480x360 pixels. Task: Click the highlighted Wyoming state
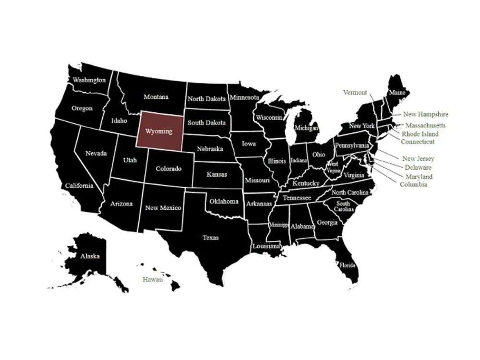(x=159, y=131)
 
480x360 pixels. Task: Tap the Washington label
(x=89, y=80)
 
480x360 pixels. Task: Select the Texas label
(x=210, y=238)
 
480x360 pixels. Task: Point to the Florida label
(x=347, y=265)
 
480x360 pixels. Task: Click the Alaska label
(x=90, y=256)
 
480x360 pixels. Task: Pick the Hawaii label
(x=153, y=279)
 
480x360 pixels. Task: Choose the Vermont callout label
(x=355, y=93)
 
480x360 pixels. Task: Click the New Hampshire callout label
(x=425, y=114)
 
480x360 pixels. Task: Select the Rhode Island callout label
(x=420, y=134)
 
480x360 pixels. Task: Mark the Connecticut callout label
(x=418, y=142)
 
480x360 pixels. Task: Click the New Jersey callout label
(x=418, y=158)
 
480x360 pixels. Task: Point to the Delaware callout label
(x=418, y=168)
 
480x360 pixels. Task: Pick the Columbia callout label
(x=413, y=184)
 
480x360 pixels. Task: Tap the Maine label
(x=396, y=92)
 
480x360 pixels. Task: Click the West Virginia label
(x=333, y=167)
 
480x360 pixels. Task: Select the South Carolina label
(x=344, y=206)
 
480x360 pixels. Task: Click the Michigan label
(x=306, y=129)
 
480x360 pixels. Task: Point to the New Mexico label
(x=163, y=208)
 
